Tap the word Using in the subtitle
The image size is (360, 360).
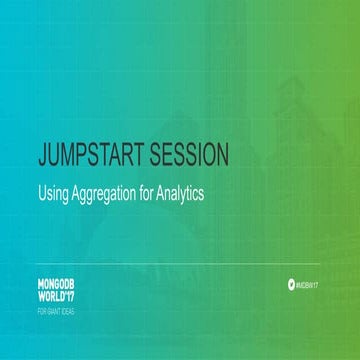click(51, 192)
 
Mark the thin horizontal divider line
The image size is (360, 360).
click(180, 264)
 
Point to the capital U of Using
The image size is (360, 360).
click(40, 192)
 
